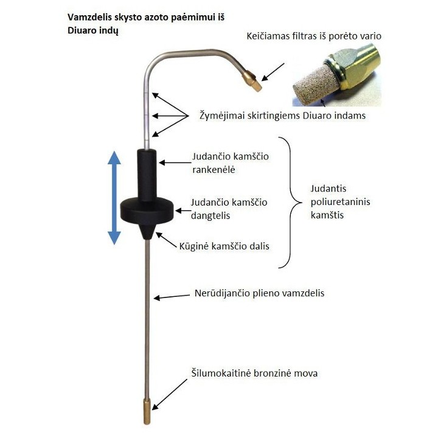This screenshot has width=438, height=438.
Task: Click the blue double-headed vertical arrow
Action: pyautogui.click(x=114, y=198)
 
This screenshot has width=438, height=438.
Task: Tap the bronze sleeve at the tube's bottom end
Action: pyautogui.click(x=147, y=411)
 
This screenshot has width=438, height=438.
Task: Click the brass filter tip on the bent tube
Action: pyautogui.click(x=252, y=80)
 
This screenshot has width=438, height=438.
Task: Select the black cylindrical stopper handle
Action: pyautogui.click(x=147, y=175)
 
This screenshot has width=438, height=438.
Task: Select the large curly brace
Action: pyautogui.click(x=291, y=203)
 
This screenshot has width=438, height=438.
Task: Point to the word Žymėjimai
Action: pyautogui.click(x=221, y=116)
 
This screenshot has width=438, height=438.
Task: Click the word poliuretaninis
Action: pyautogui.click(x=340, y=202)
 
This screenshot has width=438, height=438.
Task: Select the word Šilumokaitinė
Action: pyautogui.click(x=221, y=373)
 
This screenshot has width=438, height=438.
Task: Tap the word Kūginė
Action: pyautogui.click(x=194, y=246)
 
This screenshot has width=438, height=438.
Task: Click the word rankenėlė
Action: pyautogui.click(x=214, y=170)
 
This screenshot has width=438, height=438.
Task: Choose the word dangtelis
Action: pyautogui.click(x=210, y=215)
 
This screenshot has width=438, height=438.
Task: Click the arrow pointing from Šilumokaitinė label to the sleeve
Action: pyautogui.click(x=170, y=394)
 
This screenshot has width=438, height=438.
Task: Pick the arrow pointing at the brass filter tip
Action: pyautogui.click(x=273, y=72)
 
